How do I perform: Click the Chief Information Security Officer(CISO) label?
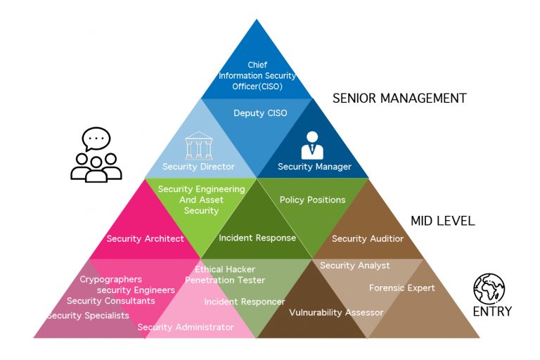click(257, 76)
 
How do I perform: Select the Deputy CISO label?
click(260, 113)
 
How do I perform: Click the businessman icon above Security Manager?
click(312, 144)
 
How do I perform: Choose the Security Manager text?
click(314, 167)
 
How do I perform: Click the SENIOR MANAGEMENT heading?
click(399, 98)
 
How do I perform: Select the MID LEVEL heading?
click(442, 221)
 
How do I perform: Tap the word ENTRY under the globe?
click(492, 311)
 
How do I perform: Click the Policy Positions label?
click(313, 200)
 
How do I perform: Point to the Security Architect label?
click(146, 238)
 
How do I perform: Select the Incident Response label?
click(257, 238)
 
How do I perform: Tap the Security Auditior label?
click(368, 238)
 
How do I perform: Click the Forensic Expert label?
click(402, 288)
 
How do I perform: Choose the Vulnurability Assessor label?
click(336, 312)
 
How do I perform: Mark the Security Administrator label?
click(186, 327)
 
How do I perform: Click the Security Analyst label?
click(355, 265)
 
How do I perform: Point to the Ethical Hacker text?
click(225, 269)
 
